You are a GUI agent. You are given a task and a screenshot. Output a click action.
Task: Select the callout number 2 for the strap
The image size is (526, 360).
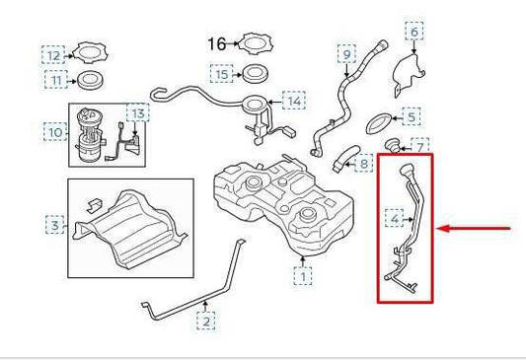pos(205,321)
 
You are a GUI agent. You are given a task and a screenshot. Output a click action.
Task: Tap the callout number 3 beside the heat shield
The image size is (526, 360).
pos(54,227)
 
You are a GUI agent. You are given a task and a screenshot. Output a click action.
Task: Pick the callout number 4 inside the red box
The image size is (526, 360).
pos(395,217)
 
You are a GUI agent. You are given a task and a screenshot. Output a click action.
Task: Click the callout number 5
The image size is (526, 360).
pos(413,117)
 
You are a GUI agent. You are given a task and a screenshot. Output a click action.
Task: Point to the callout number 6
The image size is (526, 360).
pos(414,33)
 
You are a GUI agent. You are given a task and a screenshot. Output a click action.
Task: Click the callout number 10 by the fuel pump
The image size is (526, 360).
pos(55,130)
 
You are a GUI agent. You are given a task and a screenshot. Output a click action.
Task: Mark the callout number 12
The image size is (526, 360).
pos(53,53)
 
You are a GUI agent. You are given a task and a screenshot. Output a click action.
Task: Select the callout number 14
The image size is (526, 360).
pos(293,101)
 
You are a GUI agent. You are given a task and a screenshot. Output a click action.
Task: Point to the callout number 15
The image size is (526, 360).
pos(222,74)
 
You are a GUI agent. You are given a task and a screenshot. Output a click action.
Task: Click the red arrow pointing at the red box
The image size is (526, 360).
pos(477,229)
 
